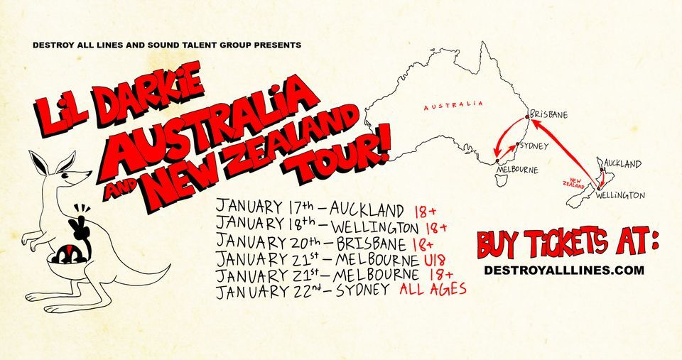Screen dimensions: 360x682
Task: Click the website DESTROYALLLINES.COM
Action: [x=563, y=270]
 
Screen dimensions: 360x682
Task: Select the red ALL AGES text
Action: [x=433, y=289]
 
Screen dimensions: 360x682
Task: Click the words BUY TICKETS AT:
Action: [x=568, y=244]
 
